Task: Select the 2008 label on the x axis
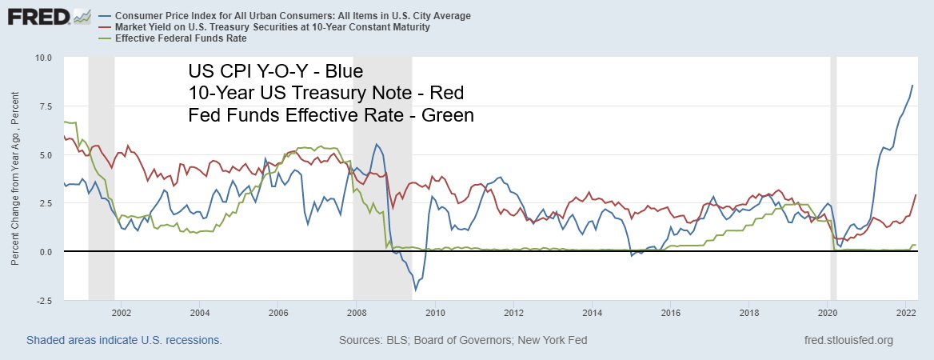click(x=357, y=312)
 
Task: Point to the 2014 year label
click(x=593, y=312)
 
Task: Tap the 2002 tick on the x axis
click(x=122, y=312)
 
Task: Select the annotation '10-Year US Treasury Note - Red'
click(x=325, y=94)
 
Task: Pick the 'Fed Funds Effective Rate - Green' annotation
click(x=331, y=115)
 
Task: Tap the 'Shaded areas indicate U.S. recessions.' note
click(x=124, y=340)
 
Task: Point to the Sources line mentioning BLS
click(x=463, y=340)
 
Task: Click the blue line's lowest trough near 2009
click(x=415, y=290)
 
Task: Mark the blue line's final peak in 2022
click(x=913, y=86)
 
